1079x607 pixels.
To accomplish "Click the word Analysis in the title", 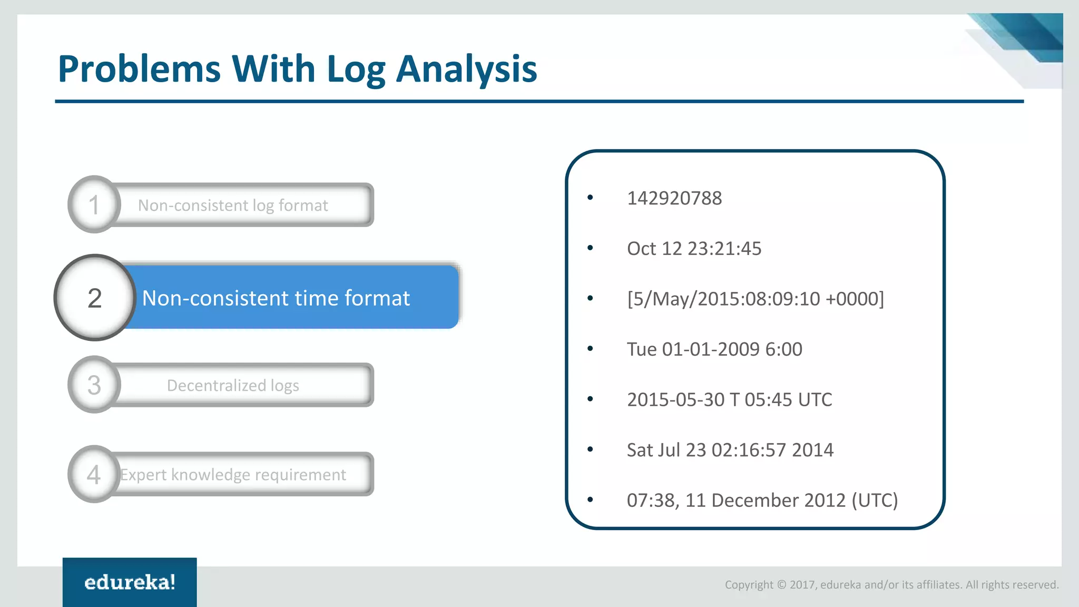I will point(466,70).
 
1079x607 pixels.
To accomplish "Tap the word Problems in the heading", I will point(139,70).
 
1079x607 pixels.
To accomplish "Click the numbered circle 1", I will point(94,204).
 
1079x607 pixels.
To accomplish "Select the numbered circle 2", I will point(95,298).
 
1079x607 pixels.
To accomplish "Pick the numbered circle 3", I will point(94,385).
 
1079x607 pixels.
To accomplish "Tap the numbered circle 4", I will point(94,475).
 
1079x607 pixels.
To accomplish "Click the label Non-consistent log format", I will point(233,205).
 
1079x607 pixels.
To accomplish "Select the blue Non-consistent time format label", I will point(276,298).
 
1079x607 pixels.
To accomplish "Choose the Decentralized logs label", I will point(233,385).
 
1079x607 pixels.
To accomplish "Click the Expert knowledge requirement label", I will point(233,475).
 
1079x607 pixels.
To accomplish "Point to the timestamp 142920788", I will point(674,198).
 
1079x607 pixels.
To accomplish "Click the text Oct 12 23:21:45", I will point(694,248).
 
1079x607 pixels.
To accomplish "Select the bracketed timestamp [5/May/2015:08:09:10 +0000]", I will point(755,299).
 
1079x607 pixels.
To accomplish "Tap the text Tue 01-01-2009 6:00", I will point(714,349).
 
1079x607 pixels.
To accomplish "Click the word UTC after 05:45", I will point(815,399).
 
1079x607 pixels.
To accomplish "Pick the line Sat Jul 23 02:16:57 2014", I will point(730,450).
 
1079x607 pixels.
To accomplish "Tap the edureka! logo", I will point(130,582).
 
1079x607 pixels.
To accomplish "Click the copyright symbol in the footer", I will point(781,584).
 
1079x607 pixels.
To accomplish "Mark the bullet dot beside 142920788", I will point(590,198).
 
